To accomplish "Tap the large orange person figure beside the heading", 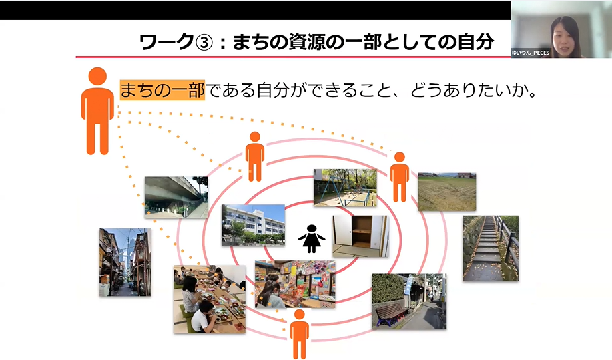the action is tap(97, 110).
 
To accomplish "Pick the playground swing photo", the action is tap(345, 187).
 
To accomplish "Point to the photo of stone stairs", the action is tap(490, 247).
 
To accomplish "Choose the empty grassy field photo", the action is tap(446, 192).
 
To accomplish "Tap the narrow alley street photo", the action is tap(125, 262).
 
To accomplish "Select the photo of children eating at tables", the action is tap(209, 299).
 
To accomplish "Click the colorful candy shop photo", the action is tap(295, 283).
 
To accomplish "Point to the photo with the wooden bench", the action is tap(408, 301).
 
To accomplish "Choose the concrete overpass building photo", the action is tap(176, 197).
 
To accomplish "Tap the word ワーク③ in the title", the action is tap(176, 42).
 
